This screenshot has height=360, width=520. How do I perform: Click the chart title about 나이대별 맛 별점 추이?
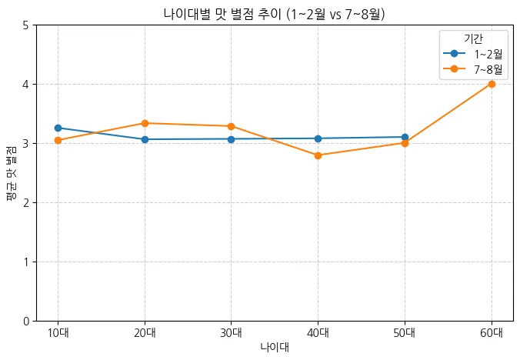275,14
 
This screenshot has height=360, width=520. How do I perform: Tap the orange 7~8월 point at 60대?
492,84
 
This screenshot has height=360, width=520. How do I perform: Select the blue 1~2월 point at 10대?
58,128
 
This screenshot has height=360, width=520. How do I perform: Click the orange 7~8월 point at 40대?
318,155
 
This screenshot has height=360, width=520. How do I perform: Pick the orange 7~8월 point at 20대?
145,123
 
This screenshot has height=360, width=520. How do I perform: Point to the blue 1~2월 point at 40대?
318,138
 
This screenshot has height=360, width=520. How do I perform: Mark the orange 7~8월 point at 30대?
231,126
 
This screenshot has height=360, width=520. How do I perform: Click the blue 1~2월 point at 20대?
145,139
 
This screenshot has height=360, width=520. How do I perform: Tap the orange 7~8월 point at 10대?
58,140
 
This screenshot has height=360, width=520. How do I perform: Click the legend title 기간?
473,38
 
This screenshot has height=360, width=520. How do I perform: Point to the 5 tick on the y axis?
26,25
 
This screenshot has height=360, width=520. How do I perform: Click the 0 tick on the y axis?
26,321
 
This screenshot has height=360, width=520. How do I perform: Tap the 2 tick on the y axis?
26,202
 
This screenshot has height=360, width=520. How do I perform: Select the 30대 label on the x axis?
231,333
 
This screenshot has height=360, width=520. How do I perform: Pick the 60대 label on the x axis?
492,333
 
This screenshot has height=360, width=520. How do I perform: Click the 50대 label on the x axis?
405,333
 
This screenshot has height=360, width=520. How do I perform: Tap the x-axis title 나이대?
275,347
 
